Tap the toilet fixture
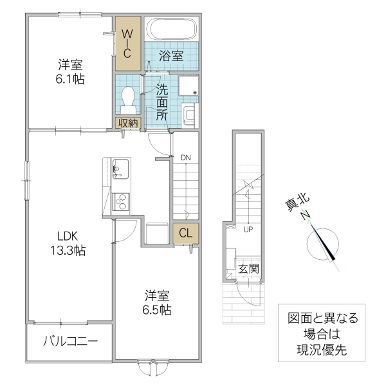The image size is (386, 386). coord(127,98)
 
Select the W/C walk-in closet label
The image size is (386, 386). coord(127,42)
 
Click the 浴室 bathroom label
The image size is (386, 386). coord(170,56)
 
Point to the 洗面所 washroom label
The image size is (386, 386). coord(161,102)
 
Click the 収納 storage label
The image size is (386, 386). coord(127,123)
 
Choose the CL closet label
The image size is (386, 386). coord(185,234)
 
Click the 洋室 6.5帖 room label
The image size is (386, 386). coord(157,302)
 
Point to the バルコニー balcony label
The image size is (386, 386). coord(70,340)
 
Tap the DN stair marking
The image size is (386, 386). coord(185,158)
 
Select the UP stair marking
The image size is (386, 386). coord(247,228)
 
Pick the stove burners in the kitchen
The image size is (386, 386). coord(120,203)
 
